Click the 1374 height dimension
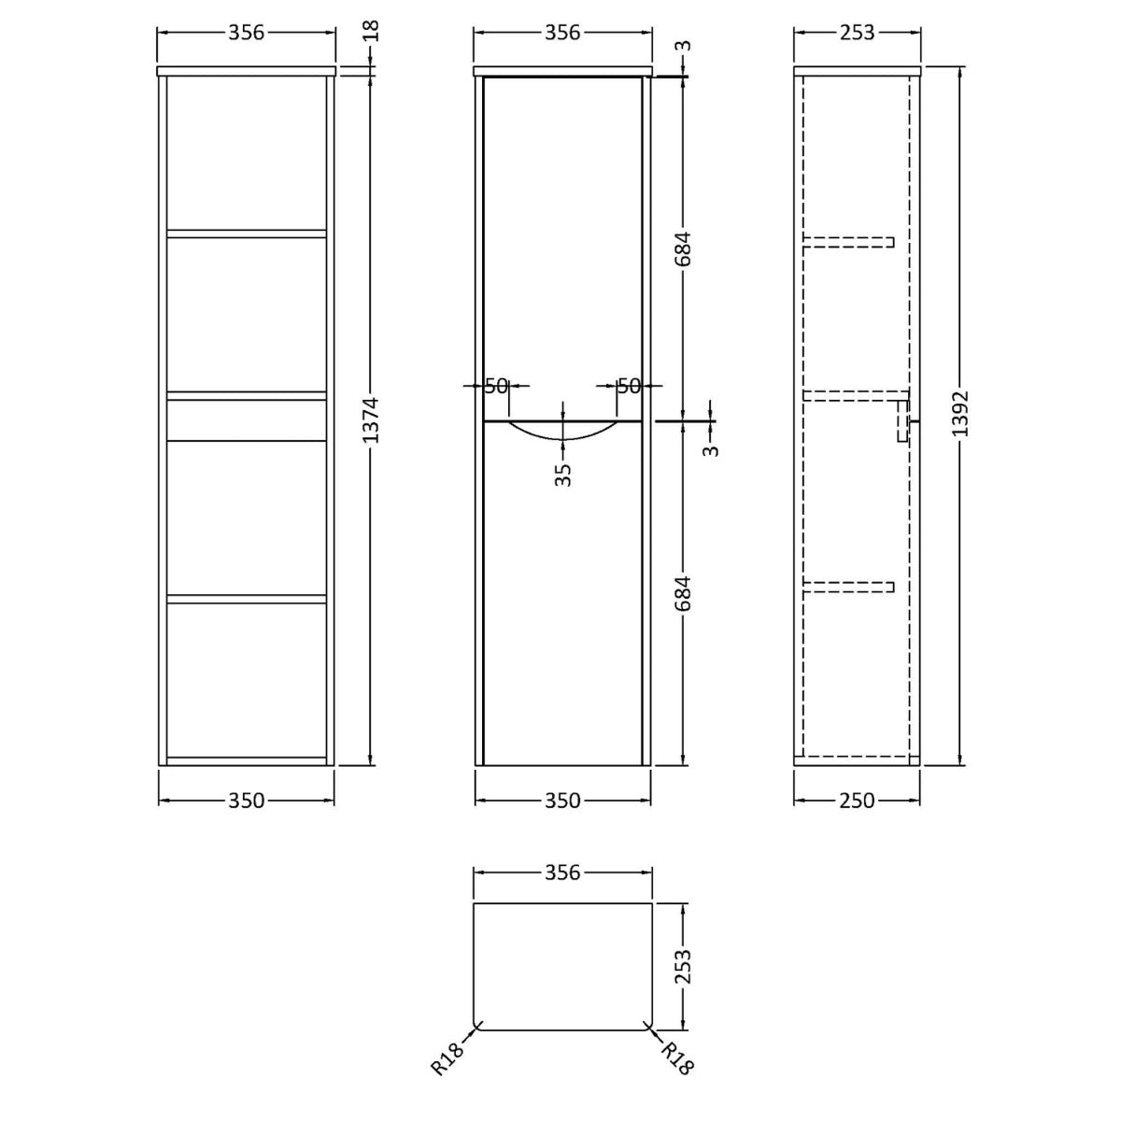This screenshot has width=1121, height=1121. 371,420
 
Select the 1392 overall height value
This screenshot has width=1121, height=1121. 960,414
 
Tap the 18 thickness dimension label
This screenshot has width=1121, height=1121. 371,30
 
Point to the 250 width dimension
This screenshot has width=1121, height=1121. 857,801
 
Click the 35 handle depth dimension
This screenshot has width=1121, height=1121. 563,475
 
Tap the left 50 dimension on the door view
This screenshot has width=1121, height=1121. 496,386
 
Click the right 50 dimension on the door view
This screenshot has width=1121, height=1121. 629,386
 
